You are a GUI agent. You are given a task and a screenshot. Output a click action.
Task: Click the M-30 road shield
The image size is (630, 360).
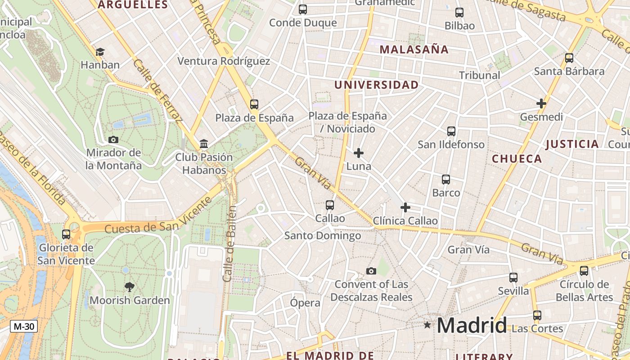(24, 326)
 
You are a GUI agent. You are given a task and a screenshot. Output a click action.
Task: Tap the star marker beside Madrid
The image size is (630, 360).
(427, 324)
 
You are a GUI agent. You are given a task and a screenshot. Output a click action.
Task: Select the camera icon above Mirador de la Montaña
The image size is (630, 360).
(113, 140)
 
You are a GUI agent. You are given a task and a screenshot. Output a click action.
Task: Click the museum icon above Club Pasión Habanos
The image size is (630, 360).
(204, 144)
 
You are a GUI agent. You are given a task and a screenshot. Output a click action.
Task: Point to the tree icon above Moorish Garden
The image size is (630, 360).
(130, 287)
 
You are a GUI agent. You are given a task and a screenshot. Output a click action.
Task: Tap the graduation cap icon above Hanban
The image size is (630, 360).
(100, 52)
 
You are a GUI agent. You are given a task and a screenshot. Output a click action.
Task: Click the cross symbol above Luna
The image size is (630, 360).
(359, 153)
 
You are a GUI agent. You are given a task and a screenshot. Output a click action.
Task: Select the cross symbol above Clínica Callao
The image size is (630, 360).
(405, 207)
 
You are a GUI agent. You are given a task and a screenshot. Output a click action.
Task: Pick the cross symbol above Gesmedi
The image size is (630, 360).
(541, 103)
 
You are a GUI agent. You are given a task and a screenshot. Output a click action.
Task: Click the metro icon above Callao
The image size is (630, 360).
(330, 205)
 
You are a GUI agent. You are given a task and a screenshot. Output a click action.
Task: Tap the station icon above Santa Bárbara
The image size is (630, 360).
(569, 58)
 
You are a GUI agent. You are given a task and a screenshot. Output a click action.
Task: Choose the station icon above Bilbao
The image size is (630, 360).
(459, 13)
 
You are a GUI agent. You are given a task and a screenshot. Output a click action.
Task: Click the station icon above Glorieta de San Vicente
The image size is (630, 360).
(66, 234)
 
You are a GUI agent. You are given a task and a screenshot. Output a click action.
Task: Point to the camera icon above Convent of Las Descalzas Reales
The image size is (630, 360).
(371, 271)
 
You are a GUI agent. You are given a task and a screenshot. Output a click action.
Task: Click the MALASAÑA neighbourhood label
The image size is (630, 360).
(414, 49)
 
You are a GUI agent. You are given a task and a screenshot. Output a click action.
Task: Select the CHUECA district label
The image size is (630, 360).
(517, 158)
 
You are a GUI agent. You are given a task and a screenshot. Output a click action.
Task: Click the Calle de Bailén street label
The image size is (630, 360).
(230, 244)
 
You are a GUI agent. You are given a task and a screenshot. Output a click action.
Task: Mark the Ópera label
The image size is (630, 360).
(305, 303)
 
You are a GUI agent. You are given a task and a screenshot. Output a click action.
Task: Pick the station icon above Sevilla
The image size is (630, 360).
(513, 278)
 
